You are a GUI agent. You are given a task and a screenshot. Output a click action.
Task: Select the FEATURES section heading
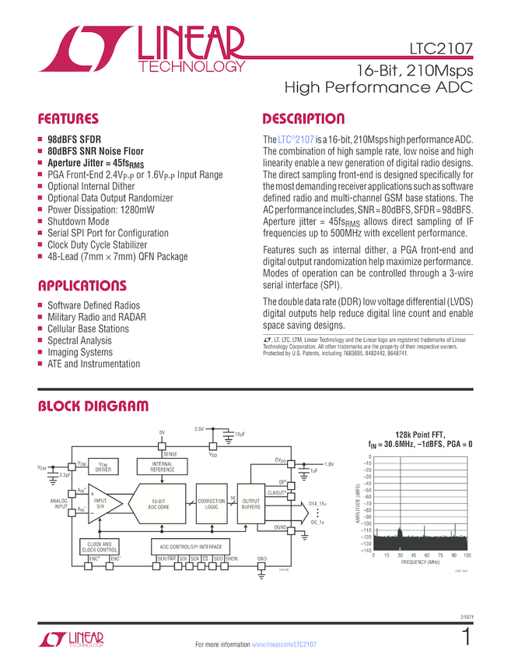coord(69,120)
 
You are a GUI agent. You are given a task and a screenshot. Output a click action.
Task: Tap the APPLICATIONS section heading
coord(82,285)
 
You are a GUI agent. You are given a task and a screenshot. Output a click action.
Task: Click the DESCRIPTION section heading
coord(303,119)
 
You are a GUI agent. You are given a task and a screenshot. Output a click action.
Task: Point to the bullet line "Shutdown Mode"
coord(79,221)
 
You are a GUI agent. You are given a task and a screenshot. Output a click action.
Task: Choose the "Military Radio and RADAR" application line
coord(96,317)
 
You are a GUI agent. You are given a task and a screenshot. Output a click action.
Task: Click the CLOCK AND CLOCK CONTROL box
coord(99,547)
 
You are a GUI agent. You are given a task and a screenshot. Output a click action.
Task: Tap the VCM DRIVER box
coord(103,467)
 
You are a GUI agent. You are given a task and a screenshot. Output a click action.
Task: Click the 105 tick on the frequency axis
coord(467,556)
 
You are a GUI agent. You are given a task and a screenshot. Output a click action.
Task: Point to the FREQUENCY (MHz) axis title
coord(421,562)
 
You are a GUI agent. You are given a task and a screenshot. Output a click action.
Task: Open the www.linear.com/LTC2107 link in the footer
coord(285,645)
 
